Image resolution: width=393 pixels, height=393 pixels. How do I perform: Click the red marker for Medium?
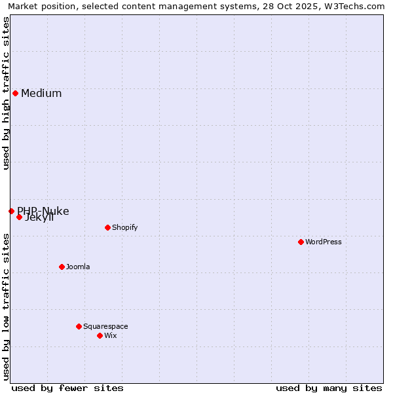[x=15, y=93]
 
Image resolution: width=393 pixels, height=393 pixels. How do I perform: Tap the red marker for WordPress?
[x=301, y=242]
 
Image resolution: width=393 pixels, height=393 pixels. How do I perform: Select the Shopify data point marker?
[x=107, y=227]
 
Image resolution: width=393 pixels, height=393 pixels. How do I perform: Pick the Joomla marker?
[x=62, y=267]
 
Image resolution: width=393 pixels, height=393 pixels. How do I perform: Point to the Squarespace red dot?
[x=79, y=326]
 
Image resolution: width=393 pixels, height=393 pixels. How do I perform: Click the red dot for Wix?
[x=100, y=335]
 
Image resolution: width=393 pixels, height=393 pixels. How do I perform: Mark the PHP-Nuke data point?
[x=11, y=211]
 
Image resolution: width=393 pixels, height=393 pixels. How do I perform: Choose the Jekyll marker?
[x=19, y=217]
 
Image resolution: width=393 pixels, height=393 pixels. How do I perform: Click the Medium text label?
[x=41, y=93]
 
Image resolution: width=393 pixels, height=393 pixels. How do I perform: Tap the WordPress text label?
[x=324, y=242]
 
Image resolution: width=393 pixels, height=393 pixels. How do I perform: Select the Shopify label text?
[x=124, y=227]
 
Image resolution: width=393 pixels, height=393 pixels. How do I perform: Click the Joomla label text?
[x=78, y=267]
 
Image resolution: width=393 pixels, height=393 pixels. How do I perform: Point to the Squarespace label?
[x=105, y=326]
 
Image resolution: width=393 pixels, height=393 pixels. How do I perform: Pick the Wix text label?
[x=110, y=335]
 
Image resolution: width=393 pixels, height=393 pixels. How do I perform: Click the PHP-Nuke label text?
[x=43, y=210]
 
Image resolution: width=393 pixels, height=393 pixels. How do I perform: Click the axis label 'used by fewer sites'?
[x=67, y=388]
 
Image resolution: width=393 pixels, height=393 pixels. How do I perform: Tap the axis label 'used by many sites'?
[x=329, y=388]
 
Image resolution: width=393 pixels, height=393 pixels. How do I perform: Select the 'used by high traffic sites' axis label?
[x=6, y=93]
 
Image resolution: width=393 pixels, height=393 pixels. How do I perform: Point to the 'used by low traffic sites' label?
[x=6, y=307]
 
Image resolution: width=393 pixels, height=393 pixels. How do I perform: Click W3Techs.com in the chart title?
[x=352, y=6]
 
